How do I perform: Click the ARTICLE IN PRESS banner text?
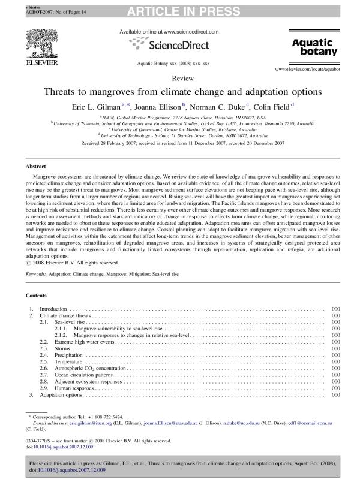click(180, 8)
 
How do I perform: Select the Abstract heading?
click(37, 166)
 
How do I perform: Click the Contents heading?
click(37, 296)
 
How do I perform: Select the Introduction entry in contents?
click(53, 308)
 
